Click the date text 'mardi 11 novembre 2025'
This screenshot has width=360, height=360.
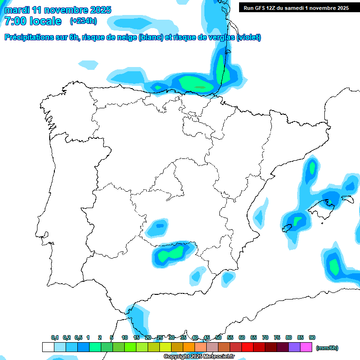pos(58,10)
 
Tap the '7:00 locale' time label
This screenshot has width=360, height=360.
pos(33,21)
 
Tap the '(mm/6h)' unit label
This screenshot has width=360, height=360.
pos(327,348)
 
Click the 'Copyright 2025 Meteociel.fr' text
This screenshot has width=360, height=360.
pos(199,357)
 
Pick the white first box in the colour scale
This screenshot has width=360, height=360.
pos(48,347)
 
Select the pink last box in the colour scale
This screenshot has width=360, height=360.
pos(306,347)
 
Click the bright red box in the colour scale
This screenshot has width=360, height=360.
pos(247,347)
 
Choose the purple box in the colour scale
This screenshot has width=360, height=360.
pos(294,347)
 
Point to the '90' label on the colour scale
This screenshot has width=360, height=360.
pos(312,337)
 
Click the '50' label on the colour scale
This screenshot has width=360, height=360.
pos(218,337)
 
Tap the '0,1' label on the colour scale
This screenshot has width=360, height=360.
pos(55,337)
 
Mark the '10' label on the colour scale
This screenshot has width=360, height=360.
pos(125,337)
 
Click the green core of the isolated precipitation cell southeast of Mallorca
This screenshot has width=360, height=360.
pos(334,266)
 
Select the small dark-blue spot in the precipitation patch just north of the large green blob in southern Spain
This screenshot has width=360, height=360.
pos(160,225)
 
